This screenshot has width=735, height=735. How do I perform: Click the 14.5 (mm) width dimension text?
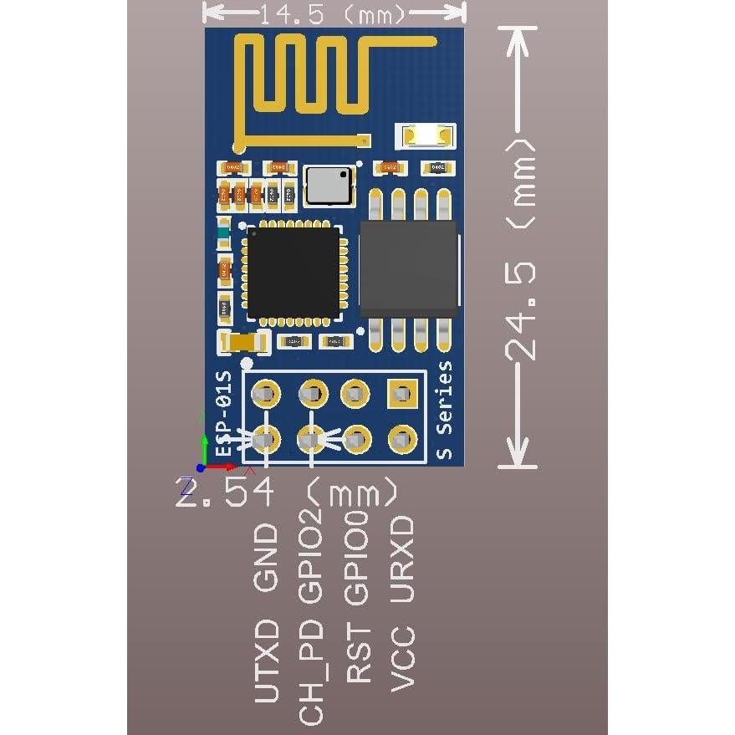(x=334, y=14)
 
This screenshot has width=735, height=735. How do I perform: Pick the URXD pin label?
(x=403, y=558)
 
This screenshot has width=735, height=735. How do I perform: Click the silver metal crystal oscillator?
(x=329, y=185)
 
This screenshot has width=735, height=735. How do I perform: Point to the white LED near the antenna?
(x=426, y=134)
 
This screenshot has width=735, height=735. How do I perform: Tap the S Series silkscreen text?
(x=445, y=410)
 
